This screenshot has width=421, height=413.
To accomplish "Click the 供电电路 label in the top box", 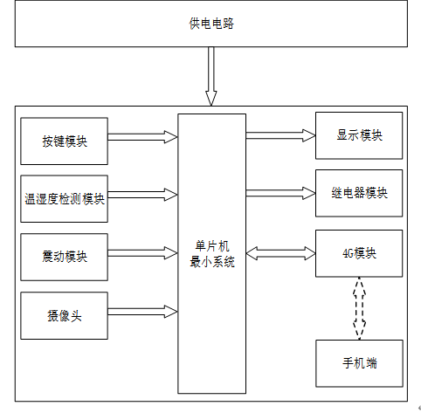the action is click(211, 24).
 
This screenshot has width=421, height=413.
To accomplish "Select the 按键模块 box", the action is click(64, 141).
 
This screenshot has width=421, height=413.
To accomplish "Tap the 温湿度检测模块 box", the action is click(64, 199).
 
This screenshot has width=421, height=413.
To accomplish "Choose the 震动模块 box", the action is click(64, 257).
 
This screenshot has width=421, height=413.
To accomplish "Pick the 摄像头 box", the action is click(64, 316).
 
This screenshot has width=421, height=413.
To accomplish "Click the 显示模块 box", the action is click(359, 135).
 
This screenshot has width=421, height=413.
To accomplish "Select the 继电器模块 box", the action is click(359, 193).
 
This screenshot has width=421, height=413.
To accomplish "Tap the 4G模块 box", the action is click(359, 253).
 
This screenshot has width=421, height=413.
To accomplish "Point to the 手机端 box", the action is click(359, 363).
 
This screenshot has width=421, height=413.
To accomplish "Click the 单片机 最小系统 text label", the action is click(212, 254).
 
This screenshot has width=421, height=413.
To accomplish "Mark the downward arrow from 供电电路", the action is click(211, 76).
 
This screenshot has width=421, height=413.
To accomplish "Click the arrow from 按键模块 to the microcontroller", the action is click(142, 137).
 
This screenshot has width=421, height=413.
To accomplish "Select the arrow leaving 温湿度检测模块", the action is click(142, 195).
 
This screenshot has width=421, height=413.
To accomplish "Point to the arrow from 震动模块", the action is click(142, 253).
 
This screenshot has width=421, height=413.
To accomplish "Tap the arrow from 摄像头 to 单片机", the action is click(142, 312).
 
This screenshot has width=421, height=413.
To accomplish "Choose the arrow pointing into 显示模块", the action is click(280, 135).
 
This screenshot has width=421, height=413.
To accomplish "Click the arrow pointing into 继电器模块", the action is click(280, 193).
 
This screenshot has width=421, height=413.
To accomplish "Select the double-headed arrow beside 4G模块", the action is click(280, 253).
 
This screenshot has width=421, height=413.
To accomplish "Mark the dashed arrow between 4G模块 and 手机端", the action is click(359, 308).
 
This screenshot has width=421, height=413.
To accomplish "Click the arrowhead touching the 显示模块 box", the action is click(309, 135).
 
